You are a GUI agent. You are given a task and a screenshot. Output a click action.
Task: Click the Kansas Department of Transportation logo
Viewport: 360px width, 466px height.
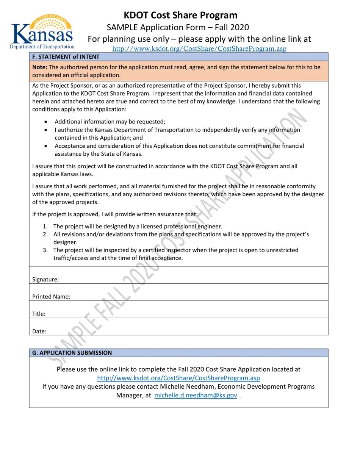(42, 33)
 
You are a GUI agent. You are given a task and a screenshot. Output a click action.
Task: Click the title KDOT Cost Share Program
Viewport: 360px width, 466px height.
(180, 15)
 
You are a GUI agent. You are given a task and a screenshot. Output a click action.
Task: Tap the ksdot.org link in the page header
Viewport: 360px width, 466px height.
(199, 48)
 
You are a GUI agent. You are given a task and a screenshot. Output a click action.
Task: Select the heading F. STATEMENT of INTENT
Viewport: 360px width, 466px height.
(66, 57)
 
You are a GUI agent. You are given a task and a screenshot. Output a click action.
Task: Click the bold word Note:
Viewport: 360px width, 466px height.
(40, 67)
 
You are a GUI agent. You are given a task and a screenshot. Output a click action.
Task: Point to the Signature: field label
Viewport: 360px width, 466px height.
(45, 279)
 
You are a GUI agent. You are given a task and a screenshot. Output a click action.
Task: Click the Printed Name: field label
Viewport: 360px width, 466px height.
(51, 297)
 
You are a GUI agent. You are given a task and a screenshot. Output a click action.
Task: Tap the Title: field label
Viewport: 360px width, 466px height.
(39, 314)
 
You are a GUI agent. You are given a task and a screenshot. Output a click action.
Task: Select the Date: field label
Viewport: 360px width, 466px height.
(39, 331)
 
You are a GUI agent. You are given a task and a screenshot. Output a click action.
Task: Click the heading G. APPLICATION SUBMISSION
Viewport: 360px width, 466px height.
(72, 353)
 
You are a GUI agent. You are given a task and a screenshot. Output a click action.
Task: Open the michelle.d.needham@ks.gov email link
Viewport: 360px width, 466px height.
(196, 395)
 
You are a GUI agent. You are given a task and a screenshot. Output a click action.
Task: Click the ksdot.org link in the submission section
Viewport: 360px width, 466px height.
(178, 378)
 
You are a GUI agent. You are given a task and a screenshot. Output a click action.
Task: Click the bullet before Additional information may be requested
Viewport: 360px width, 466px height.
(46, 122)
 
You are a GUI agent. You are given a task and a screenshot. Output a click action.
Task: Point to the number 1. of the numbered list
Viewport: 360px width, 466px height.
(45, 227)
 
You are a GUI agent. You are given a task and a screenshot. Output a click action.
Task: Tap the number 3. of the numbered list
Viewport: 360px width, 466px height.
(45, 250)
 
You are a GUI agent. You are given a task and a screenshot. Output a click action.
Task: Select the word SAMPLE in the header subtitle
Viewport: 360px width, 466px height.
(123, 27)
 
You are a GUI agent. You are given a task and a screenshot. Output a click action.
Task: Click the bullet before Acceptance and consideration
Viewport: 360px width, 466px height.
(46, 146)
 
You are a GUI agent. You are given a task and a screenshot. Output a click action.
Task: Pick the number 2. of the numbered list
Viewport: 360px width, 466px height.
(45, 235)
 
